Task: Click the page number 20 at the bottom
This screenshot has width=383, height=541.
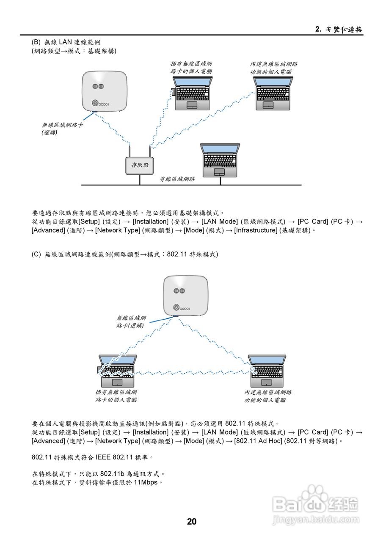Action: point(192,522)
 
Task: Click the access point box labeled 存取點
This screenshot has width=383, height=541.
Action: point(140,165)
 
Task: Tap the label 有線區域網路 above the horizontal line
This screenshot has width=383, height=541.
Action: point(177,179)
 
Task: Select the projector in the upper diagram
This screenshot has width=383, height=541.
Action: point(104,93)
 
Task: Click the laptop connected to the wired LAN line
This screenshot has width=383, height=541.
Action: point(220,160)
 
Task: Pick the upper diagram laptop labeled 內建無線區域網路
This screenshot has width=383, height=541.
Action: point(273,93)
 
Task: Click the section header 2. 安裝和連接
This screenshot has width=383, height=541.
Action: point(339,29)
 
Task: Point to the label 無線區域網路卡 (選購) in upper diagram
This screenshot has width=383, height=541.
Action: point(62,128)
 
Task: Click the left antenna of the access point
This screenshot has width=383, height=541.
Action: point(130,151)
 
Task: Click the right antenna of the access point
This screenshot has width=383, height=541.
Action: point(150,151)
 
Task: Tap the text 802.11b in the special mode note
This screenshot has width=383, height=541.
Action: point(113,474)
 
